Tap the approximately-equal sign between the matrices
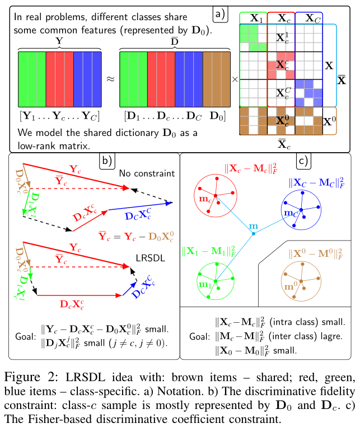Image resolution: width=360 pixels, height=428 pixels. pos(110,79)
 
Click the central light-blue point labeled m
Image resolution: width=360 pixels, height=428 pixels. pos(254,233)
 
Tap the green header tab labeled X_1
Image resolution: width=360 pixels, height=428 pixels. pos(253,18)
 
